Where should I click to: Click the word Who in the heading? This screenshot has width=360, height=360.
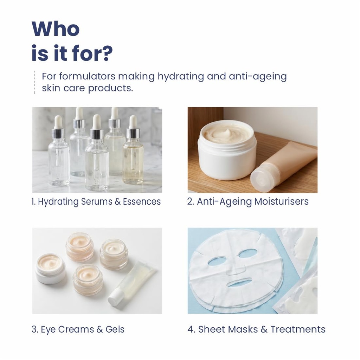(x=56, y=29)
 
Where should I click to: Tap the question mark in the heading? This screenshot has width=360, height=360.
(x=108, y=53)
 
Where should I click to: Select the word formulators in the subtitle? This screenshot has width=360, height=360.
(x=87, y=76)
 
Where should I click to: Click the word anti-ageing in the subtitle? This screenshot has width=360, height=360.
(x=258, y=77)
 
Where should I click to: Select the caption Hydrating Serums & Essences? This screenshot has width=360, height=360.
(x=99, y=202)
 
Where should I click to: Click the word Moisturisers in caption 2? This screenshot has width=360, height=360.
(x=282, y=201)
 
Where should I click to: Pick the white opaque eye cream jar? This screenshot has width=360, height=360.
(x=50, y=268)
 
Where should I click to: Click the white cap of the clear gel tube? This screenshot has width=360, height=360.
(x=116, y=298)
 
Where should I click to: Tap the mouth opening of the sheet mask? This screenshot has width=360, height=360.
(x=239, y=282)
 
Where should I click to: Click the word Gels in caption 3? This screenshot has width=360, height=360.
(x=115, y=329)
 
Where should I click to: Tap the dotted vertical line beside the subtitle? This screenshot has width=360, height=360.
(x=35, y=82)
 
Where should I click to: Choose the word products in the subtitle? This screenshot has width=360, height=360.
(x=110, y=88)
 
